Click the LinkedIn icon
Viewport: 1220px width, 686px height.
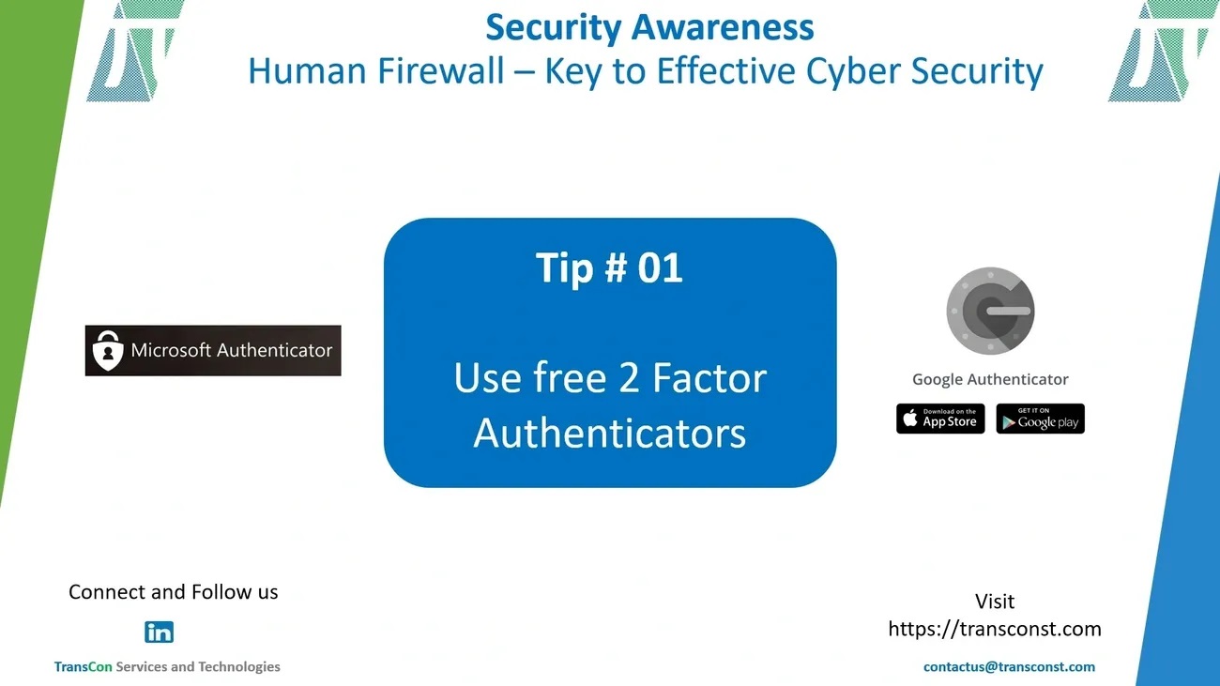pos(159,633)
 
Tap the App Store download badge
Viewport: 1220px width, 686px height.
pos(940,419)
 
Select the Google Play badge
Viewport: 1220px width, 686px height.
pos(1040,419)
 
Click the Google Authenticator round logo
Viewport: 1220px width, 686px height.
pos(990,311)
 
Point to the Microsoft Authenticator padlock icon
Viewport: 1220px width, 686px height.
pos(108,351)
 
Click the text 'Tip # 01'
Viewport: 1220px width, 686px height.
pos(609,267)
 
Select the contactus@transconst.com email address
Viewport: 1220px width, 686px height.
pos(1009,667)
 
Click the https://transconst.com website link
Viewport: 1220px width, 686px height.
pos(995,629)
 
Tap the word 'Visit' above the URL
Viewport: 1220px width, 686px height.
pos(995,601)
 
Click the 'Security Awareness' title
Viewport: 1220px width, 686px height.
pos(649,27)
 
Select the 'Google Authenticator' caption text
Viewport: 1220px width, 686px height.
pos(990,379)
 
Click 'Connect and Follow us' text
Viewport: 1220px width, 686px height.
pos(174,592)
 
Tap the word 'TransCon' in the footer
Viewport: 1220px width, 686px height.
pos(83,667)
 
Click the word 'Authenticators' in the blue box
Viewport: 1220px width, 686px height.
pos(609,434)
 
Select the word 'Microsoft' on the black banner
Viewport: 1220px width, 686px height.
pos(171,350)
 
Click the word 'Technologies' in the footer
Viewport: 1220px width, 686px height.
pos(239,667)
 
